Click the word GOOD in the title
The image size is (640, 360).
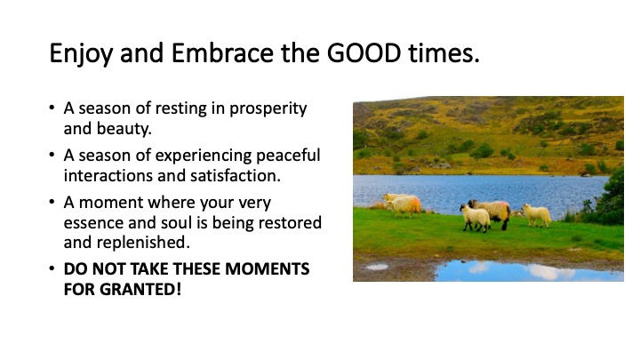tap(364, 53)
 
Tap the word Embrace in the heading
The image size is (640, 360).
tap(222, 53)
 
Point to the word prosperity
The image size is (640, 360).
tap(268, 109)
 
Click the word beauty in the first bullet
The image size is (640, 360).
tap(124, 130)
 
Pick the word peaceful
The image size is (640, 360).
tap(288, 156)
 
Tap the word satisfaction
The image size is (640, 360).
tap(235, 176)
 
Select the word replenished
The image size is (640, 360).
tap(143, 244)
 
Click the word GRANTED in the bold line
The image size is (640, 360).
tap(140, 290)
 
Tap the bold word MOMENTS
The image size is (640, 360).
tap(268, 269)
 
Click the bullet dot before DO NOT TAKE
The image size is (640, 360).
tap(52, 269)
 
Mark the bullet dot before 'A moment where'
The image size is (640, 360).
tap(52, 202)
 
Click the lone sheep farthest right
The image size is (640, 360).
tap(537, 215)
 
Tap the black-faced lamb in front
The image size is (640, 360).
tap(475, 218)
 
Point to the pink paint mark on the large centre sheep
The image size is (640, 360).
tap(503, 204)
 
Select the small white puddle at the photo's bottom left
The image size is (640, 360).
tap(377, 267)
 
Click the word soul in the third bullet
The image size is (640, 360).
tap(176, 223)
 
